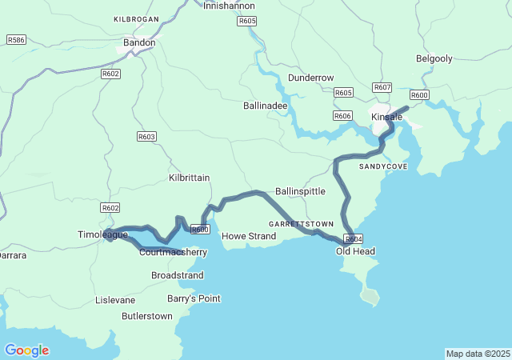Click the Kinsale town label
coord(387,118)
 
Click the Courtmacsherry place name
coord(173,252)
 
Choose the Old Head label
coord(355,251)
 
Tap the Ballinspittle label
coord(300,192)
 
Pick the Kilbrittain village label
coord(190,177)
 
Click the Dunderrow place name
coord(310,78)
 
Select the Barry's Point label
coord(193,298)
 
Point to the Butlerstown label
coord(146,316)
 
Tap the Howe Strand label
coord(248,236)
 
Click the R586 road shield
coord(15,39)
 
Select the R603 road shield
coord(146,137)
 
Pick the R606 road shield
coord(342,116)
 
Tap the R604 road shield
coord(354,238)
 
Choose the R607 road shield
coord(382,87)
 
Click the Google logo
coord(26,350)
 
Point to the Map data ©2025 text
coord(477,354)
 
